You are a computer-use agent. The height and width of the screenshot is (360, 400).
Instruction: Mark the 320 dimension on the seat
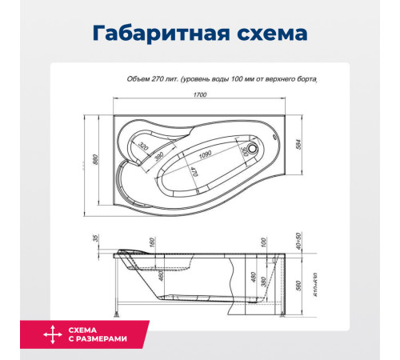[143, 147]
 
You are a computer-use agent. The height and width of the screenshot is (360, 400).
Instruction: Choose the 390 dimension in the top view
[160, 156]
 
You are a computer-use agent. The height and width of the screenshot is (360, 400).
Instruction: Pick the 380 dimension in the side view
[263, 283]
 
